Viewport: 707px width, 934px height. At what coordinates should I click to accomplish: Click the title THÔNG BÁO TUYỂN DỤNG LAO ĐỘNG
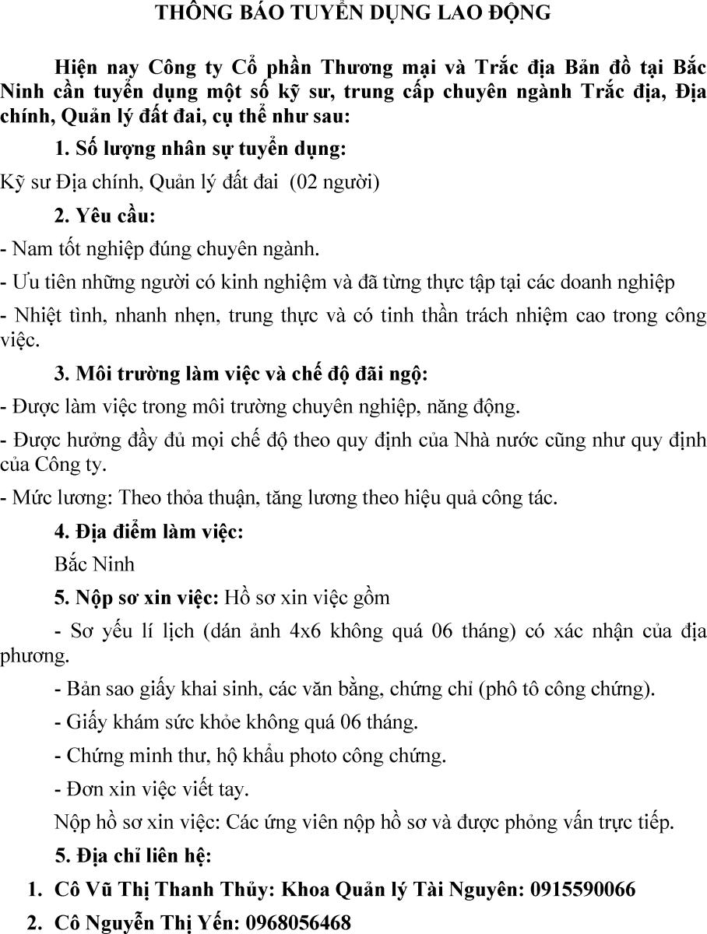353,13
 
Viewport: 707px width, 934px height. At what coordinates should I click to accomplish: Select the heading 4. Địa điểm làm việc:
149,532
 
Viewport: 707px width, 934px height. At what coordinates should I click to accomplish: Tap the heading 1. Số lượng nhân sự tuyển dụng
200,149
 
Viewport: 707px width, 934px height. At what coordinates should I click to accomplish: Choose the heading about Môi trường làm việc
241,374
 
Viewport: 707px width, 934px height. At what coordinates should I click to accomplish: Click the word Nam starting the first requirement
29,250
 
